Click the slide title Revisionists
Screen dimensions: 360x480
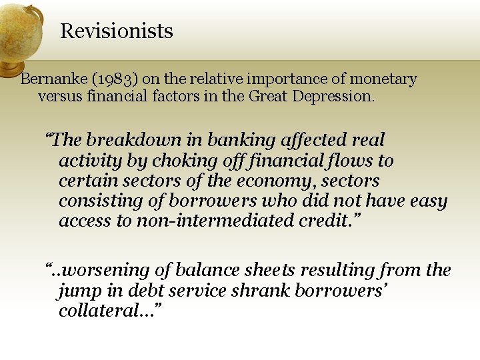(x=117, y=31)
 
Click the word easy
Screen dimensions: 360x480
(x=428, y=201)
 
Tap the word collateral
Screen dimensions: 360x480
(x=103, y=311)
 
